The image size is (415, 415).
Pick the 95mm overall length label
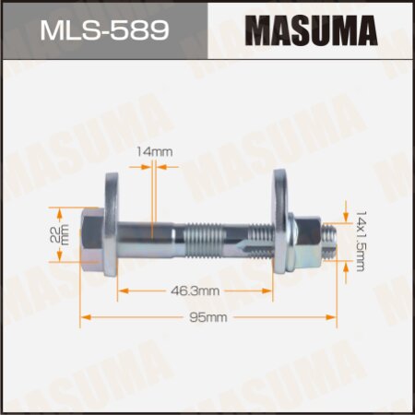pyautogui.click(x=209, y=318)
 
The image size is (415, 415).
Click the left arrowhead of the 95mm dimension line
pyautogui.click(x=87, y=318)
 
